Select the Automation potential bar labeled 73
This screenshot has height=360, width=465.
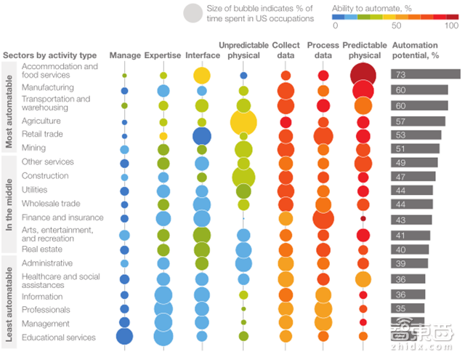coord(426,74)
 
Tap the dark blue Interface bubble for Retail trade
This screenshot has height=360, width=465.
coord(202,135)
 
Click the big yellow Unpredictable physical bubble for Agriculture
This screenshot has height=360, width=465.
coord(243,121)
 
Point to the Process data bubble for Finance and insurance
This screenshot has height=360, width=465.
coord(323,218)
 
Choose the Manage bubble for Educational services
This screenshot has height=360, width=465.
coord(124,336)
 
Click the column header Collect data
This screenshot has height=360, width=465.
coord(286,50)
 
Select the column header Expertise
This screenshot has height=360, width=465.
coord(163,55)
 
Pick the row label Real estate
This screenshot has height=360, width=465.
coord(41,249)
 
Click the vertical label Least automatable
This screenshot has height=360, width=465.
coord(9,301)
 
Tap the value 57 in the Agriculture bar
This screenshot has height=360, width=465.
coord(400,121)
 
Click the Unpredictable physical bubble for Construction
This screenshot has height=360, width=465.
coord(243,177)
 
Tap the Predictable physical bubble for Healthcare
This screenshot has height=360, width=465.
coord(363,279)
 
